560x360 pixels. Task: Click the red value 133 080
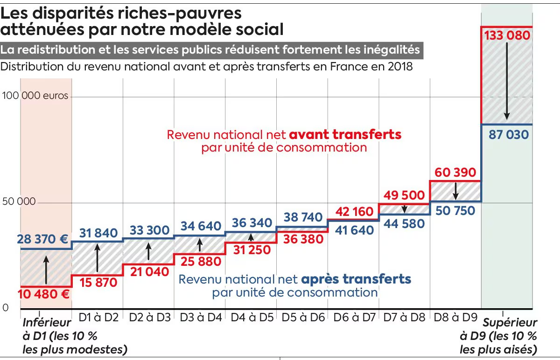tap(507, 35)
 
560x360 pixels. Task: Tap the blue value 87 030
tap(509, 135)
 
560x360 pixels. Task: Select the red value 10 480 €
tap(44, 294)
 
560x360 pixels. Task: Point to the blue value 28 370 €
tap(43, 239)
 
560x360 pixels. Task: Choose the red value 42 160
tap(353, 212)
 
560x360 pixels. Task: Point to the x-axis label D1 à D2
tap(98, 318)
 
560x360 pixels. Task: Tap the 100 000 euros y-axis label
tap(35, 96)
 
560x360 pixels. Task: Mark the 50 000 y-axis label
tap(19, 202)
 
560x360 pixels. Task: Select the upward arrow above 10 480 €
tap(46, 268)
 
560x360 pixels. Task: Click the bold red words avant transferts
tap(345, 135)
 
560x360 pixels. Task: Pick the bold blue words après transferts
tap(356, 279)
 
